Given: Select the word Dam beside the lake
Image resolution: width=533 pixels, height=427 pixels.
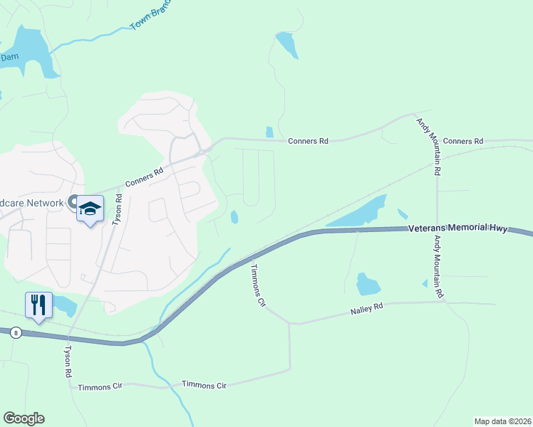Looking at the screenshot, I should click(x=9, y=56).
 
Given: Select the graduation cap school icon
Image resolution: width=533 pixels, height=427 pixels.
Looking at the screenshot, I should click(x=90, y=209).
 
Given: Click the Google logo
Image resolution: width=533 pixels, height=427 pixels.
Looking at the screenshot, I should click(x=24, y=418).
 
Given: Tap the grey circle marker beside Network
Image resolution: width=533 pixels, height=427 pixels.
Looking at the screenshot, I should click(x=72, y=203).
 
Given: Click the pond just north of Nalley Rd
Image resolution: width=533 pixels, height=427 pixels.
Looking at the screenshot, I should click(x=367, y=283).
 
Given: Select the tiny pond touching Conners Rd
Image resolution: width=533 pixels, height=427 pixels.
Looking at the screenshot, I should click(x=269, y=132).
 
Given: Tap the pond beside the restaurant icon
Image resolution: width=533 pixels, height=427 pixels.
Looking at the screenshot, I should click(x=66, y=306).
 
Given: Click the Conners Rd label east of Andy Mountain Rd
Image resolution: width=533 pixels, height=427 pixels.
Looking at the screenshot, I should click(x=463, y=141).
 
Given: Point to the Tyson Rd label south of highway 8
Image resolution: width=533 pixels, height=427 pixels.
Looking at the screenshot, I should click(x=69, y=362).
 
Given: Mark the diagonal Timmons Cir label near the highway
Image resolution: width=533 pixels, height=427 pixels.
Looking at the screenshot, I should click(x=257, y=286).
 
